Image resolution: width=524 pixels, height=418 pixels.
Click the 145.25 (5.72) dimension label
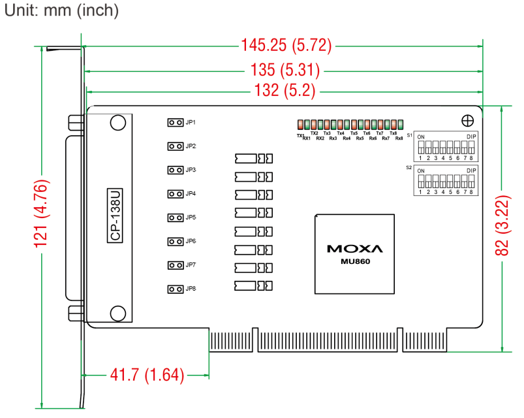pyautogui.click(x=286, y=45)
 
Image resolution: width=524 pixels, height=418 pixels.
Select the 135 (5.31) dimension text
pyautogui.click(x=285, y=70)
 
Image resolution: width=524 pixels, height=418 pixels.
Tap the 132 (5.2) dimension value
pyautogui.click(x=285, y=90)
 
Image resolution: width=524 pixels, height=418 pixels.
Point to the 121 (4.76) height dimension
pyautogui.click(x=42, y=214)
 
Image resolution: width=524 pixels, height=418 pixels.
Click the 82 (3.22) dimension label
pyautogui.click(x=502, y=226)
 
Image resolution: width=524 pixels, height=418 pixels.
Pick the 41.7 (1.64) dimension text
pyautogui.click(x=147, y=375)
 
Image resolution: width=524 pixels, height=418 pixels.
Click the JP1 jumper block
pyautogui.click(x=176, y=122)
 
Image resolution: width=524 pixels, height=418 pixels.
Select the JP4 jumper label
pyautogui.click(x=191, y=193)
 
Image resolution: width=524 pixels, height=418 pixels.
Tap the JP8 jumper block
pyautogui.click(x=176, y=289)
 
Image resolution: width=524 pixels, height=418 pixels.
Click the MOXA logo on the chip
pyautogui.click(x=355, y=249)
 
